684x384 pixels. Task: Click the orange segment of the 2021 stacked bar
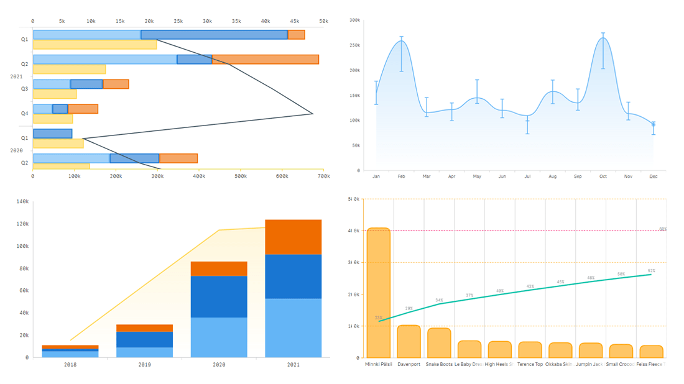293,237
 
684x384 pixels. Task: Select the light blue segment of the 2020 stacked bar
219,337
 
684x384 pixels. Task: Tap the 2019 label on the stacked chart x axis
144,365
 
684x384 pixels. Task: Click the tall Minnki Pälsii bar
378,292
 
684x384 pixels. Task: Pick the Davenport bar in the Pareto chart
409,341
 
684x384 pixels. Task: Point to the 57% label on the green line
651,271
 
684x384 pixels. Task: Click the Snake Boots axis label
439,364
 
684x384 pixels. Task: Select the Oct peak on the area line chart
603,39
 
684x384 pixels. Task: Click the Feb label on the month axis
401,176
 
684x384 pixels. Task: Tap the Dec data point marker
654,125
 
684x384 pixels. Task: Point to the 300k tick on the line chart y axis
354,20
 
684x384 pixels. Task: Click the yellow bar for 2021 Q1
95,45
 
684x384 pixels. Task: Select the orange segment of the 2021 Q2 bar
265,60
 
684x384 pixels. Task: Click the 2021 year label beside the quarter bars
16,76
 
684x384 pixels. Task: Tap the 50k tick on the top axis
323,21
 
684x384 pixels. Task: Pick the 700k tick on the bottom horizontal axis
323,176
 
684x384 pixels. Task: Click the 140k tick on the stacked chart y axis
22,201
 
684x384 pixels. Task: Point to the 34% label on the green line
439,300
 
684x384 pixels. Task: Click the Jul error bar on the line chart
527,124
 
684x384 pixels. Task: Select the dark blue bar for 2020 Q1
53,134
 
